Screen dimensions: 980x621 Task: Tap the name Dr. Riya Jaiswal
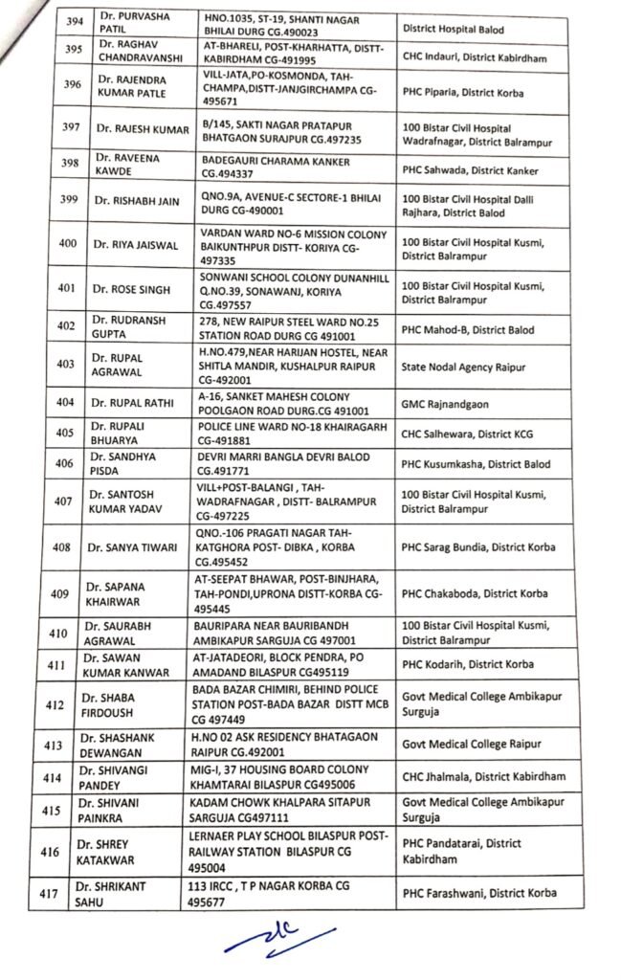click(x=133, y=245)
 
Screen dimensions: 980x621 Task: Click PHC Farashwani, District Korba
click(x=478, y=894)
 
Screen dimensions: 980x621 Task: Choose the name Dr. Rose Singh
click(x=133, y=290)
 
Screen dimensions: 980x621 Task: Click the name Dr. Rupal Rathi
click(x=133, y=403)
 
